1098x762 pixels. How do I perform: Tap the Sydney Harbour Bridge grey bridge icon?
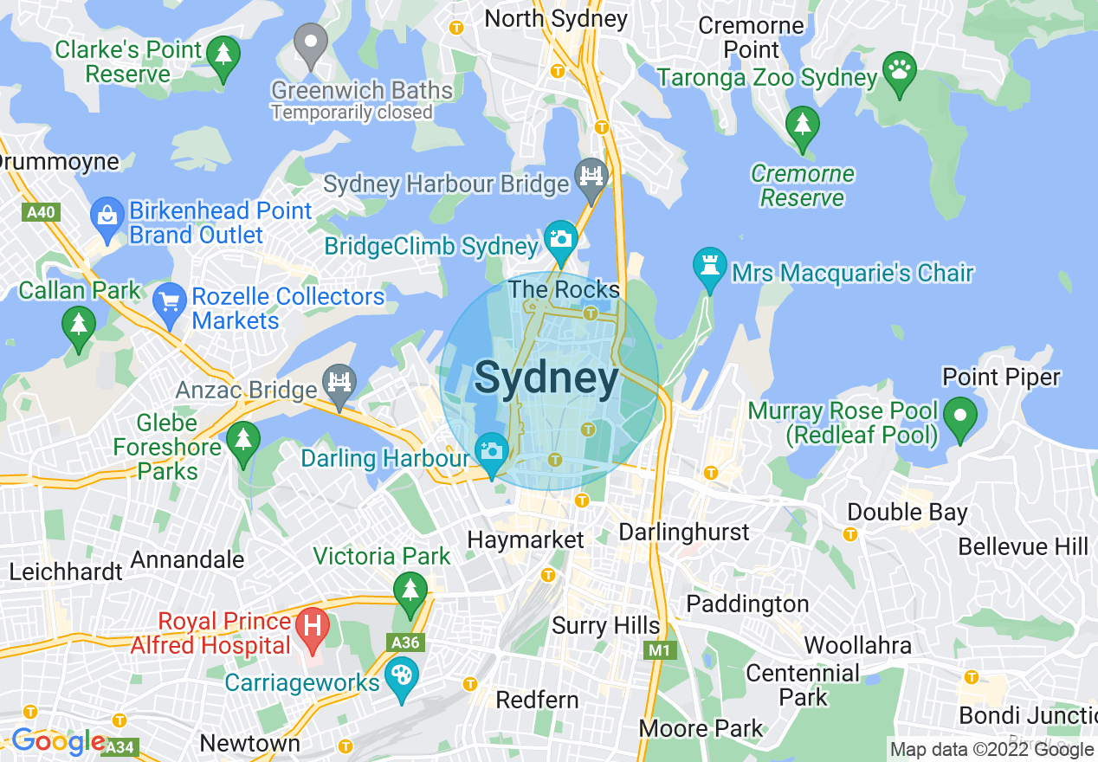(x=591, y=176)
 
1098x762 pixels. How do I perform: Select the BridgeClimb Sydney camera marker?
(x=560, y=238)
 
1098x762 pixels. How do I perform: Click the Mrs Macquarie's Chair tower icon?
(x=709, y=266)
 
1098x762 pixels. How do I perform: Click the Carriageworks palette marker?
(x=401, y=675)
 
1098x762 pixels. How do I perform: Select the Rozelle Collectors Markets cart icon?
(x=170, y=301)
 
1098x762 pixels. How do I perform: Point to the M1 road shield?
(x=661, y=649)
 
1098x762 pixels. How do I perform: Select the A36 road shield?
(x=404, y=643)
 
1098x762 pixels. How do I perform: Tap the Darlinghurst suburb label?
(x=685, y=531)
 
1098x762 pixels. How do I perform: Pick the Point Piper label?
(x=1001, y=378)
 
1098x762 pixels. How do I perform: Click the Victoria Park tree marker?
(x=410, y=591)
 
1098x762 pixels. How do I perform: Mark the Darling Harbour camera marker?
(x=492, y=451)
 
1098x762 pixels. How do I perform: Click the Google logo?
(x=59, y=742)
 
